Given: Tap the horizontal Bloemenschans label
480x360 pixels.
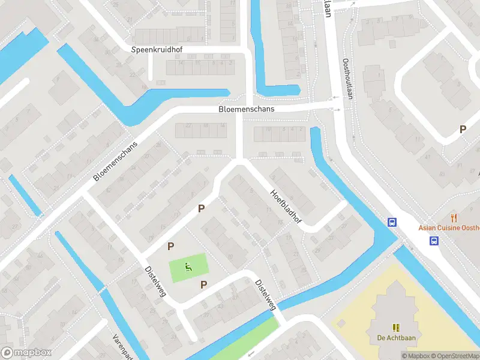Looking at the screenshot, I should [x=246, y=109].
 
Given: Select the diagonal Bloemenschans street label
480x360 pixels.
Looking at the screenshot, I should [x=116, y=161].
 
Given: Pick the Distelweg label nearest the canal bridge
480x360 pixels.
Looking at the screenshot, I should [x=265, y=295].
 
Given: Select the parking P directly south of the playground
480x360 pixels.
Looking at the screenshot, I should [x=203, y=284].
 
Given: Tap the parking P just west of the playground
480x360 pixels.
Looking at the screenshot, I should [x=171, y=246].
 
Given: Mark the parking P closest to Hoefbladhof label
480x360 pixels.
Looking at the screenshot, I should [x=202, y=209].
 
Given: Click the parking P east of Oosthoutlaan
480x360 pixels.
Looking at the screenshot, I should [x=463, y=129].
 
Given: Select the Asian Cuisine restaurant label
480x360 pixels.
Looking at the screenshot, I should [x=449, y=228].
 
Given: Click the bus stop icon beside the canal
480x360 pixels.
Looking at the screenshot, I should [x=392, y=221].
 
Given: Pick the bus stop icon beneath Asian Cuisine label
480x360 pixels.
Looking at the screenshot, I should [x=433, y=241].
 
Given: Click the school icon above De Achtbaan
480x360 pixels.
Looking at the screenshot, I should [x=396, y=327].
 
